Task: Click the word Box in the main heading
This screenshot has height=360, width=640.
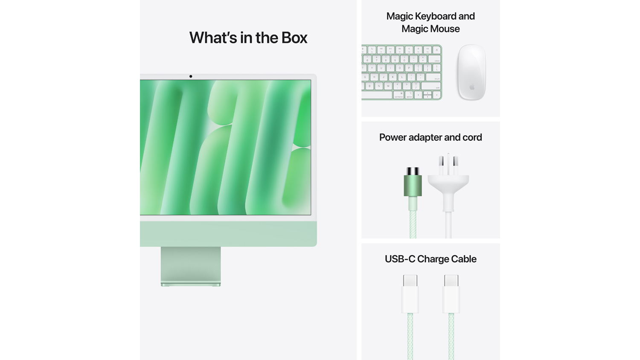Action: [294, 38]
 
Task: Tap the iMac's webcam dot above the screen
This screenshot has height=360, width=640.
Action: [191, 76]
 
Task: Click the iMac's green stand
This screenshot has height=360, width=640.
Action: [191, 266]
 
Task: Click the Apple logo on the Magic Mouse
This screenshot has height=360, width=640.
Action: [472, 87]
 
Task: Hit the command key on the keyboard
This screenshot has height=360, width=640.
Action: [399, 95]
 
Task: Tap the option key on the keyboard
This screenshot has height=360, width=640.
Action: [409, 95]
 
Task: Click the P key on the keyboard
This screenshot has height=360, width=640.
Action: [409, 68]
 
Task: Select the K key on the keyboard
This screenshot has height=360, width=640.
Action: [393, 77]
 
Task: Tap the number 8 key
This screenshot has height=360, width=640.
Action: [386, 59]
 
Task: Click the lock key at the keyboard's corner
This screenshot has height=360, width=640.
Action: [436, 50]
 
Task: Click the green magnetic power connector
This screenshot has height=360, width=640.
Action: [413, 182]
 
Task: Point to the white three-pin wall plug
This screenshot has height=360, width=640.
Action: [448, 183]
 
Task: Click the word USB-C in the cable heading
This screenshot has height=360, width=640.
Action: [400, 259]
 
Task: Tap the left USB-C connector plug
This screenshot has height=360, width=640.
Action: [410, 294]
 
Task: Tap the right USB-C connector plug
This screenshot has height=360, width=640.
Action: [451, 294]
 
